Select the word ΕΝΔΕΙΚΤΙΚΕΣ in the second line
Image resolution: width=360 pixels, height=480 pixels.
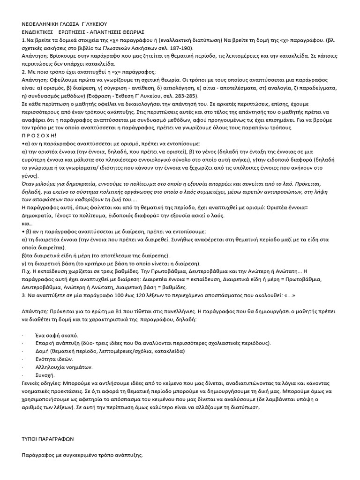coord(38,32)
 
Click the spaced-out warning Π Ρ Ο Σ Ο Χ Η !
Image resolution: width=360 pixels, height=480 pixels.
coord(38,136)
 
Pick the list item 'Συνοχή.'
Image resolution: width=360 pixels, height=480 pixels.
coord(45,375)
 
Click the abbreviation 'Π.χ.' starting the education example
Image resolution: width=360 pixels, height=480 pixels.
coord(27,271)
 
